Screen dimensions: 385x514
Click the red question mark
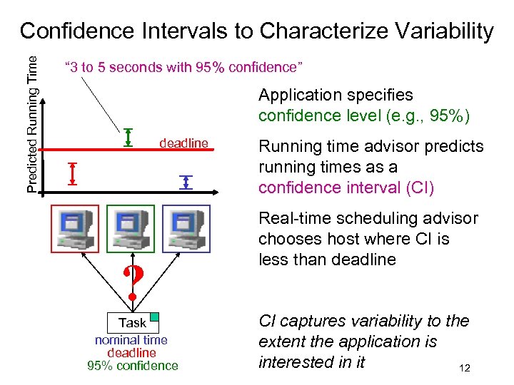tap(131, 283)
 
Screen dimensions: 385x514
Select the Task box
tap(132, 322)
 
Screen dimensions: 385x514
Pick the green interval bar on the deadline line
tap(128, 137)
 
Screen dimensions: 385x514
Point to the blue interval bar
tap(186, 182)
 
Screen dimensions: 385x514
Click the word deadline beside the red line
tap(183, 143)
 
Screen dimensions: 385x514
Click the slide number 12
tap(465, 368)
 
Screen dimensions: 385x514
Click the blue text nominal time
tap(131, 340)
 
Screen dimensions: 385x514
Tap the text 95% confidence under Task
tap(131, 366)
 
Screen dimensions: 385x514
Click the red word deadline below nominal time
tap(131, 353)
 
